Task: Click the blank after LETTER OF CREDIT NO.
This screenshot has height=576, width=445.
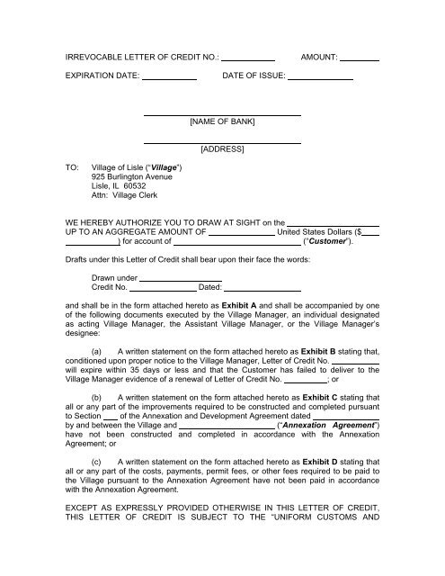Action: [x=247, y=59]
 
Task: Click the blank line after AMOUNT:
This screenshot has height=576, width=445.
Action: [x=360, y=59]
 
